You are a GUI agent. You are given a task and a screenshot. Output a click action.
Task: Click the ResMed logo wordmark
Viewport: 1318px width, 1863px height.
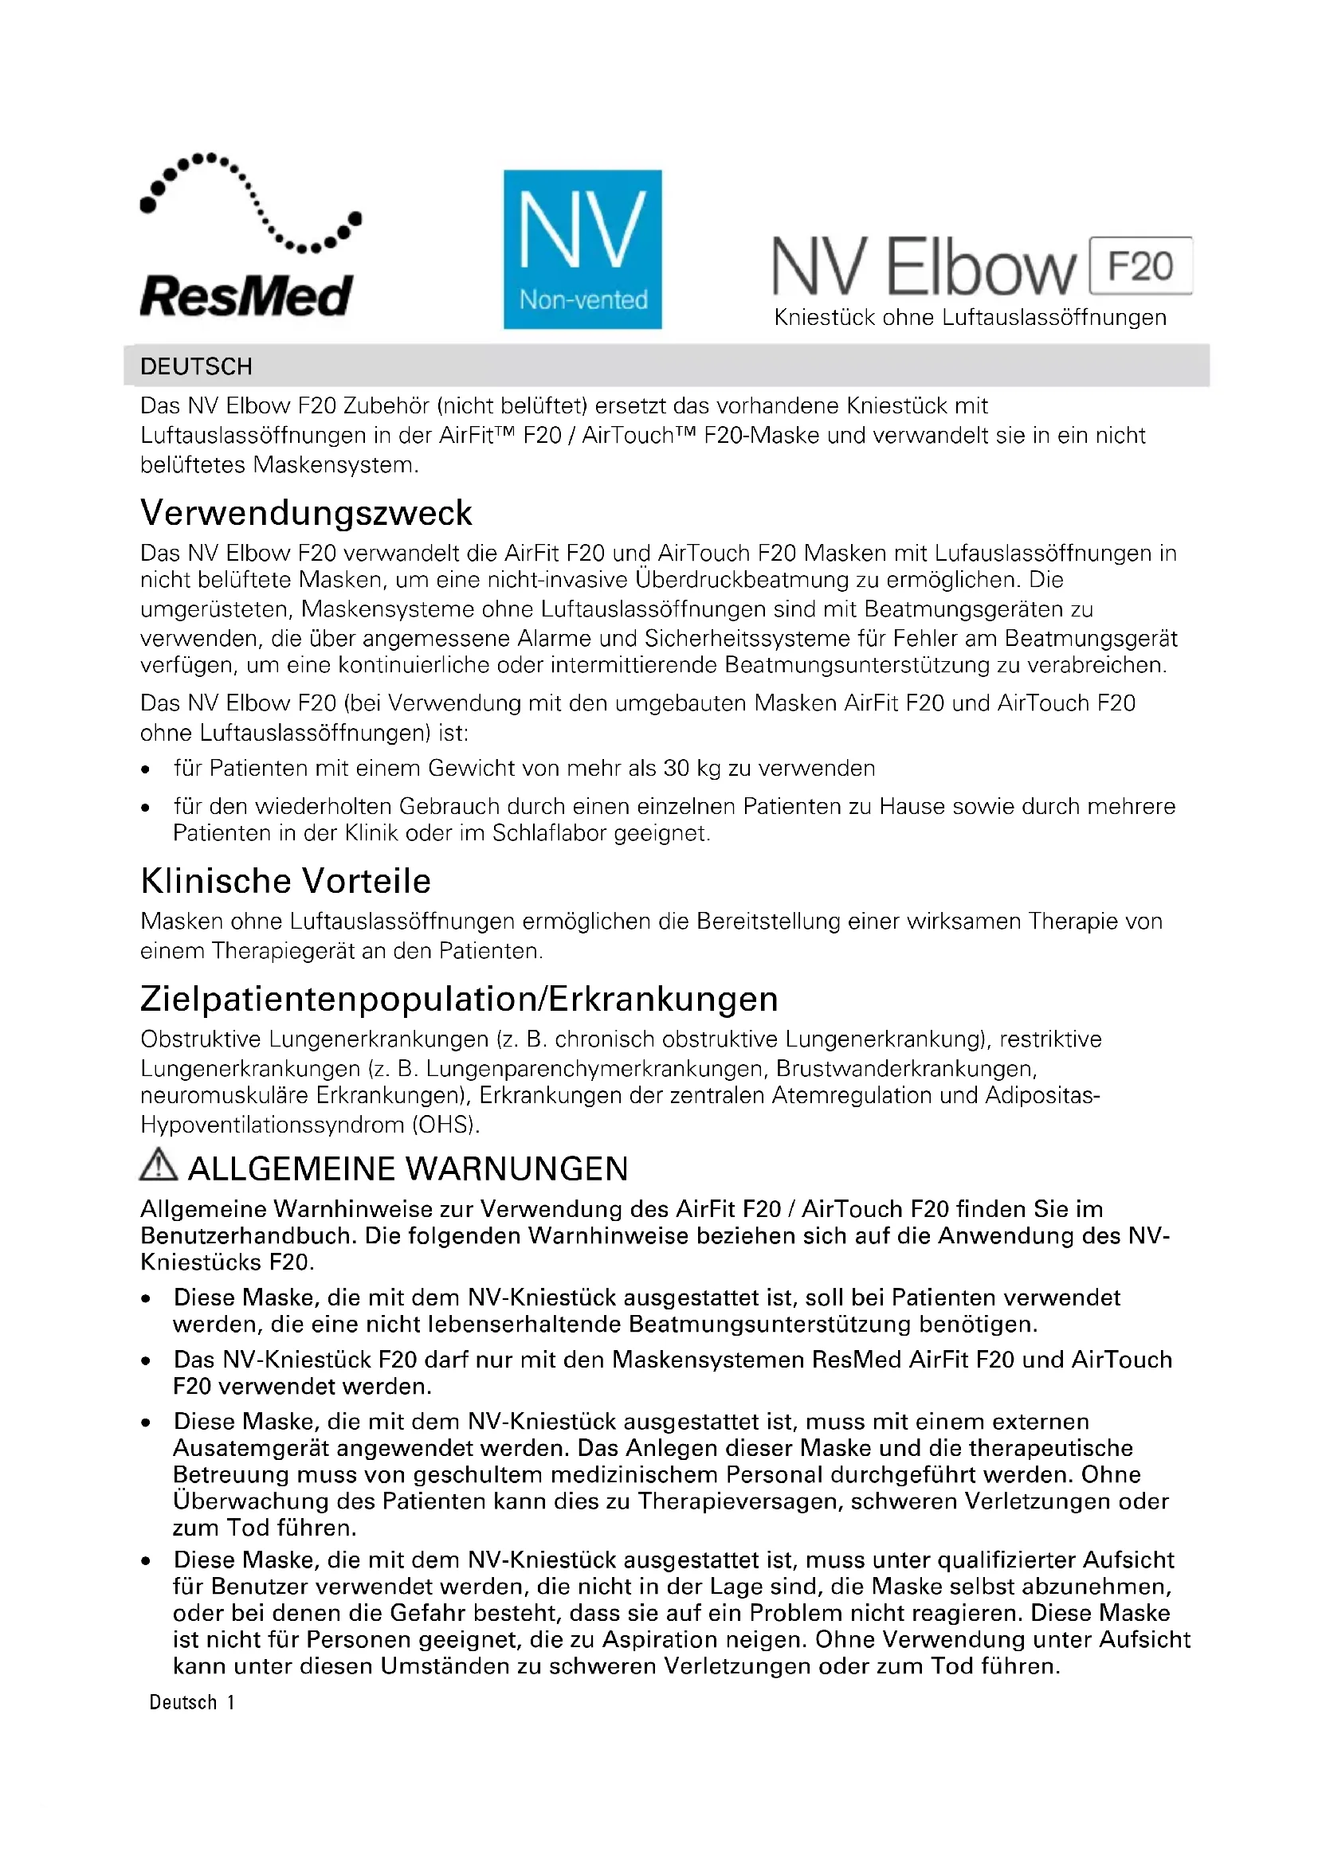[246, 296]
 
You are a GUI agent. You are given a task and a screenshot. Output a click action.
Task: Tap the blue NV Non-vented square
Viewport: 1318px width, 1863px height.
[582, 249]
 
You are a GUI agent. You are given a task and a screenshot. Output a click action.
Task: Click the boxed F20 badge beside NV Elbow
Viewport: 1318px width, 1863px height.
[1140, 266]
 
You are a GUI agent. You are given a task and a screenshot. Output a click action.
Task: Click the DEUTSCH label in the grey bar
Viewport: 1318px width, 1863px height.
[196, 366]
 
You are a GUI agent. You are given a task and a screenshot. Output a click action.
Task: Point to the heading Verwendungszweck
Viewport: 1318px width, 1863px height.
[306, 513]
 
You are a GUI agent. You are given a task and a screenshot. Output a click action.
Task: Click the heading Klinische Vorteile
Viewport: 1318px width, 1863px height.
[286, 881]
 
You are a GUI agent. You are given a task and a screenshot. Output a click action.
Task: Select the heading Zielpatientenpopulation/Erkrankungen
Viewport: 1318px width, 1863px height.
[459, 999]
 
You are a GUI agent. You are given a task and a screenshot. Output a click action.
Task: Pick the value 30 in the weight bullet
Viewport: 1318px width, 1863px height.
[677, 769]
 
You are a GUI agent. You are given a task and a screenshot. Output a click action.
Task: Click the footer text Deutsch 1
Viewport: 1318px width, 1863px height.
[192, 1702]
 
